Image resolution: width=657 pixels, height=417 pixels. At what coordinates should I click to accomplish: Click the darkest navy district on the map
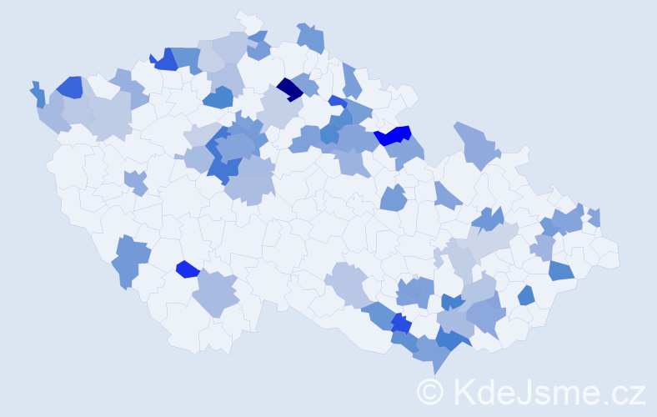point(290,88)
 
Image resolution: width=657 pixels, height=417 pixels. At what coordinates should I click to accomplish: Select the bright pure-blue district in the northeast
point(394,134)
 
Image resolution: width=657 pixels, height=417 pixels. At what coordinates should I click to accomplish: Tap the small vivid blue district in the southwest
point(188,269)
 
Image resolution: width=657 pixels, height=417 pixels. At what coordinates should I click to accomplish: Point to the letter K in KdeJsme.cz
point(464,390)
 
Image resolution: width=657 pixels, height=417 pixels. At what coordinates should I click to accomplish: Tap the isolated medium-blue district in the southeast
point(526,295)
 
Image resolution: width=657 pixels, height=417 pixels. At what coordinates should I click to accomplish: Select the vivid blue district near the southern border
point(402,324)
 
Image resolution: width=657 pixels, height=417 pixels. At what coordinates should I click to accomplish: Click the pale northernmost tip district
point(248,20)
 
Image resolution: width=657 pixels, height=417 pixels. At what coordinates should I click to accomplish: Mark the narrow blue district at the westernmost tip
point(38,94)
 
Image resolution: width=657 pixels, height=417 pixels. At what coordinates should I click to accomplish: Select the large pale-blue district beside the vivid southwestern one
point(217,292)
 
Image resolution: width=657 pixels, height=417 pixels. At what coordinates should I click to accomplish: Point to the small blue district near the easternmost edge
point(594,217)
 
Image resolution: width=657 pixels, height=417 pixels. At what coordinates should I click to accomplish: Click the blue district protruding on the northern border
point(311,38)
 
